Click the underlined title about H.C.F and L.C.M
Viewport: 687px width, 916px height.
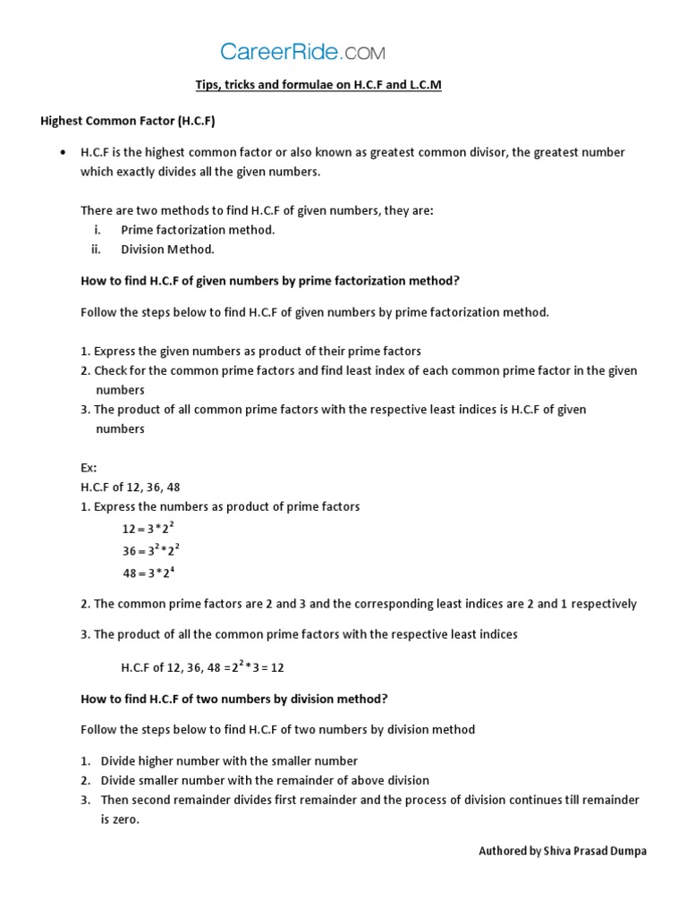(318, 85)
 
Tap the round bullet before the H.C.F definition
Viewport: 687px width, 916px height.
(62, 153)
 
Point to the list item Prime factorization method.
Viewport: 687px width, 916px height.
(198, 230)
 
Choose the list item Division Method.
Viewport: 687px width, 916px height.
(167, 250)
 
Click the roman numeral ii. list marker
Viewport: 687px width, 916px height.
(96, 250)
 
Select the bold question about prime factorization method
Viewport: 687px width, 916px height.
(269, 280)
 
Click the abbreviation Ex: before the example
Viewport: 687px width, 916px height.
(89, 468)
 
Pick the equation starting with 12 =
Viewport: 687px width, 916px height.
(148, 529)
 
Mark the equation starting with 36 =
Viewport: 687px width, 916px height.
(151, 550)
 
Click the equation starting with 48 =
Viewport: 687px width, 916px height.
(148, 572)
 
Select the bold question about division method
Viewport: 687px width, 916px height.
(234, 699)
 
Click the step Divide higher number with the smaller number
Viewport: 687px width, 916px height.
(229, 760)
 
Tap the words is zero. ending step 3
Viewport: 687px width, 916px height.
(120, 818)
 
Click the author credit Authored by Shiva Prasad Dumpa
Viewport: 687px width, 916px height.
(562, 851)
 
